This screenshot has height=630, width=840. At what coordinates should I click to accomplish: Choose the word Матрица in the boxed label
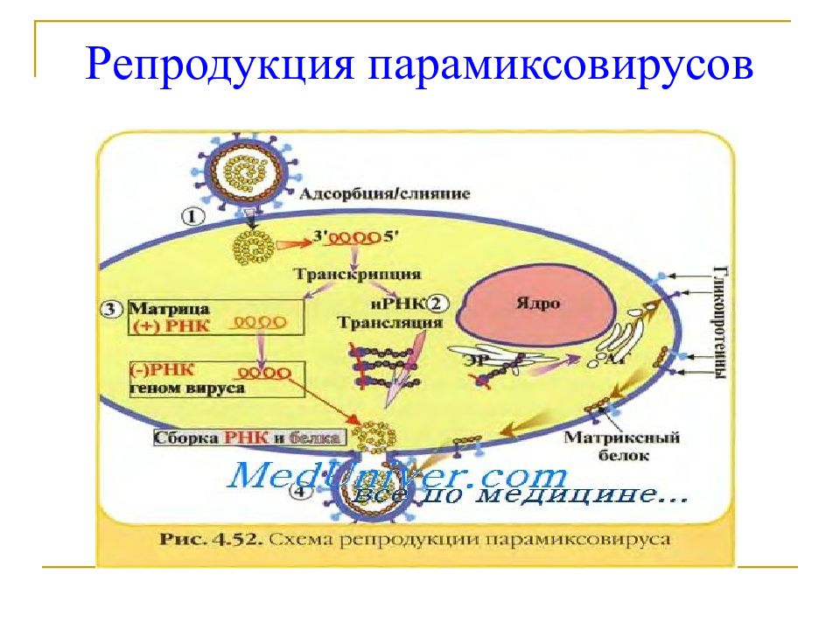162,308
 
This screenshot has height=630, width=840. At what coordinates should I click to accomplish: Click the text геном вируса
187,387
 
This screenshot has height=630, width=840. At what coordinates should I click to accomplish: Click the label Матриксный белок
608,445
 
